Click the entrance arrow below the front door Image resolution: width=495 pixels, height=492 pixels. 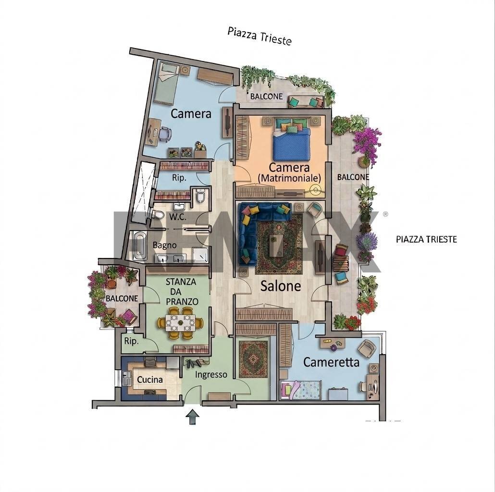[x=192, y=417]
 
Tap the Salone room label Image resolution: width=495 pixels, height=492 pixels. [x=280, y=286]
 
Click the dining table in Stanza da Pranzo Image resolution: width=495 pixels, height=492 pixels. [x=180, y=322]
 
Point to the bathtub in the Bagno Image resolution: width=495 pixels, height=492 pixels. [x=139, y=246]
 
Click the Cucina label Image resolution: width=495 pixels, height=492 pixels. [x=150, y=380]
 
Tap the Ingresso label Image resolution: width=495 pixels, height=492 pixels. [x=211, y=375]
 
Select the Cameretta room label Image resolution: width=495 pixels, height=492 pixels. [x=331, y=362]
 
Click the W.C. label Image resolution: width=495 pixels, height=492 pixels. [x=178, y=217]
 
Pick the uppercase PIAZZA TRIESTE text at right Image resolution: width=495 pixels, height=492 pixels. [x=426, y=239]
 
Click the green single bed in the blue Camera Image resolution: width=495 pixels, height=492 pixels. [x=167, y=83]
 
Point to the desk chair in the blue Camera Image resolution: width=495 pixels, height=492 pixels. [x=165, y=134]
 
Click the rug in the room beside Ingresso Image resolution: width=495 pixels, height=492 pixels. [x=253, y=359]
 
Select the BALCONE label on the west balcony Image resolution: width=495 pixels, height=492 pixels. [x=122, y=298]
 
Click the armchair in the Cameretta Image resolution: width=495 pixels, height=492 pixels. [x=367, y=348]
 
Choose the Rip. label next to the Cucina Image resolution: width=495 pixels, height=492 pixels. [x=131, y=341]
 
